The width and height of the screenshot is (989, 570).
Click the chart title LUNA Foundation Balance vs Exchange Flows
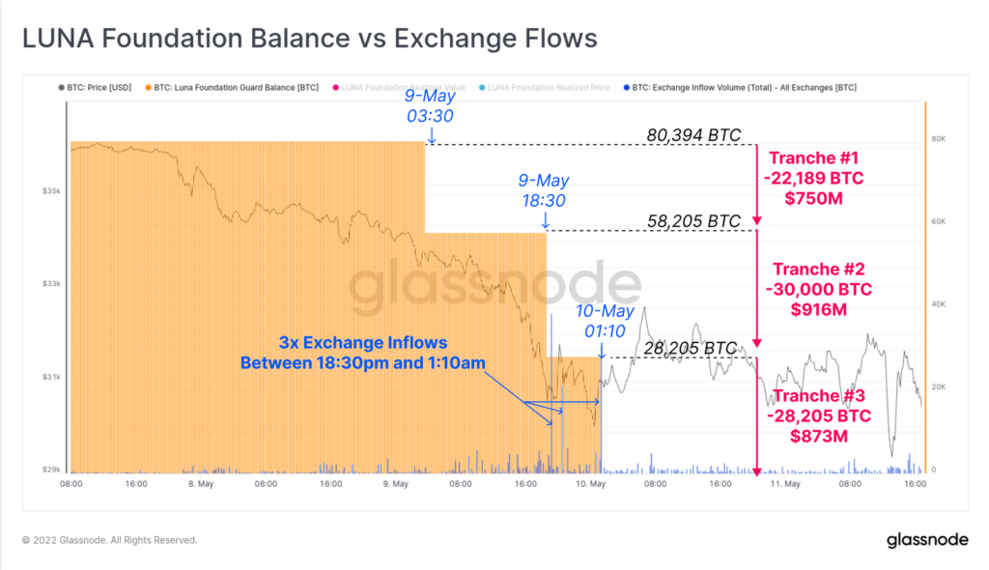[x=309, y=39]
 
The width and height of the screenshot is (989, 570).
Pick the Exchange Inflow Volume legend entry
[x=743, y=87]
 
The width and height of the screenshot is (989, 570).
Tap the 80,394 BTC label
[x=693, y=135]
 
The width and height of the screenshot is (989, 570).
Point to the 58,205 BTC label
[x=693, y=221]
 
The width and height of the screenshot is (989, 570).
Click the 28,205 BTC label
[x=692, y=348]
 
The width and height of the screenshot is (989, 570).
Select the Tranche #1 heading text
[x=812, y=158]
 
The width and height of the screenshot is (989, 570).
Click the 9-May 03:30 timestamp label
[x=430, y=107]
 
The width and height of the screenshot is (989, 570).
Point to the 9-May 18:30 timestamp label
[x=543, y=191]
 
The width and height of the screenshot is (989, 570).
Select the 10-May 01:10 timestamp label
[x=605, y=321]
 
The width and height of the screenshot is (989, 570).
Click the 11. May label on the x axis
[x=783, y=484]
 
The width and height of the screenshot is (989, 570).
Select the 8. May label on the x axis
[x=200, y=484]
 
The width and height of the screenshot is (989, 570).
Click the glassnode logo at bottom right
[x=928, y=540]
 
